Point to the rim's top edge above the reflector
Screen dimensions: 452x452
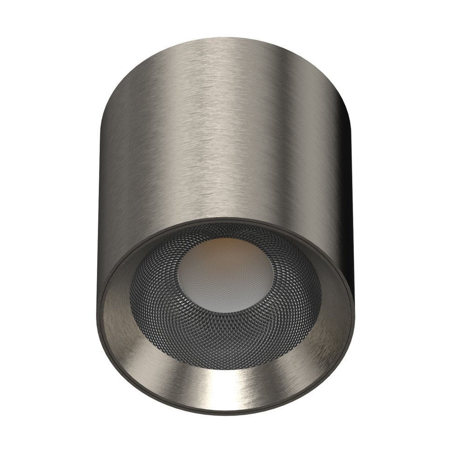click(x=224, y=219)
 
